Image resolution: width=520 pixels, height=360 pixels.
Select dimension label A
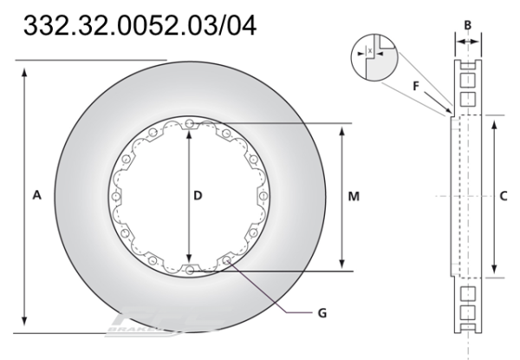(x=37, y=197)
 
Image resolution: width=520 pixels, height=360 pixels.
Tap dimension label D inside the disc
(x=198, y=197)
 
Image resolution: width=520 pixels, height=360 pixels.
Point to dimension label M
(x=354, y=197)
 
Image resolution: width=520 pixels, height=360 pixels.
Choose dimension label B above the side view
(x=468, y=24)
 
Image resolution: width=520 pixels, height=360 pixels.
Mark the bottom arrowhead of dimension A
(x=26, y=328)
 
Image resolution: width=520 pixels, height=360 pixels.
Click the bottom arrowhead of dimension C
(x=494, y=272)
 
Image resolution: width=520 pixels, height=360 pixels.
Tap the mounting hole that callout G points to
(x=227, y=260)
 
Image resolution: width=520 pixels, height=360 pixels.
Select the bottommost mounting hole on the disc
(x=189, y=271)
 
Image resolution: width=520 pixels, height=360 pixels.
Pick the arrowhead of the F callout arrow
(x=448, y=112)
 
